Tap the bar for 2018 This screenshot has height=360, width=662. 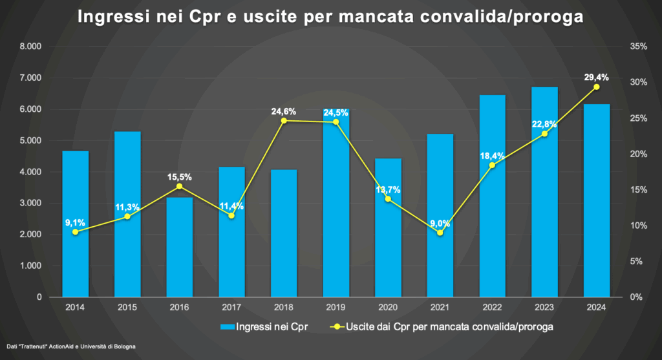283,233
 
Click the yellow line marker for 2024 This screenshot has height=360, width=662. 596,87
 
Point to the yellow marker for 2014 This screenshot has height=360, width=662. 75,232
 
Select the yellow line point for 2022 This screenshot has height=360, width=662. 492,165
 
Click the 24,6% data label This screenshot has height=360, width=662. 283,112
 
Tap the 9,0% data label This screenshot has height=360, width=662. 440,224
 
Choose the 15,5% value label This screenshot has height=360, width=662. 179,177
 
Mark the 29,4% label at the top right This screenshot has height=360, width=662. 596,77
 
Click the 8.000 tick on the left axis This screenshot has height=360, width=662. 30,47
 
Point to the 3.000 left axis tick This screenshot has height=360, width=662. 30,203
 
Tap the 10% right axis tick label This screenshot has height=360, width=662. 637,226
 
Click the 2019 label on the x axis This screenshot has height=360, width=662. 336,308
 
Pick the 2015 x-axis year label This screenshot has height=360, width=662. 127,308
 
